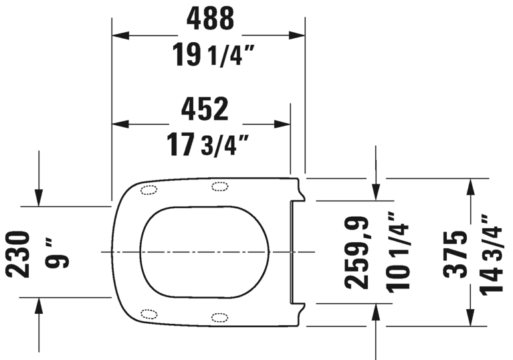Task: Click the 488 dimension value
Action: pos(210,18)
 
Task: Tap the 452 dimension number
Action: pos(205,108)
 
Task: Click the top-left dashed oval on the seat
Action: pos(149,190)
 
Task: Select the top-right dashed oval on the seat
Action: pos(219,186)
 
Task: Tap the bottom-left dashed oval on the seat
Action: pos(149,313)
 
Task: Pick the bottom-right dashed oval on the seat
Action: pos(219,317)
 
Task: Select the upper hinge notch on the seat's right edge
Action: pos(300,195)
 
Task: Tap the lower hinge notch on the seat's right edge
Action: pos(300,308)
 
